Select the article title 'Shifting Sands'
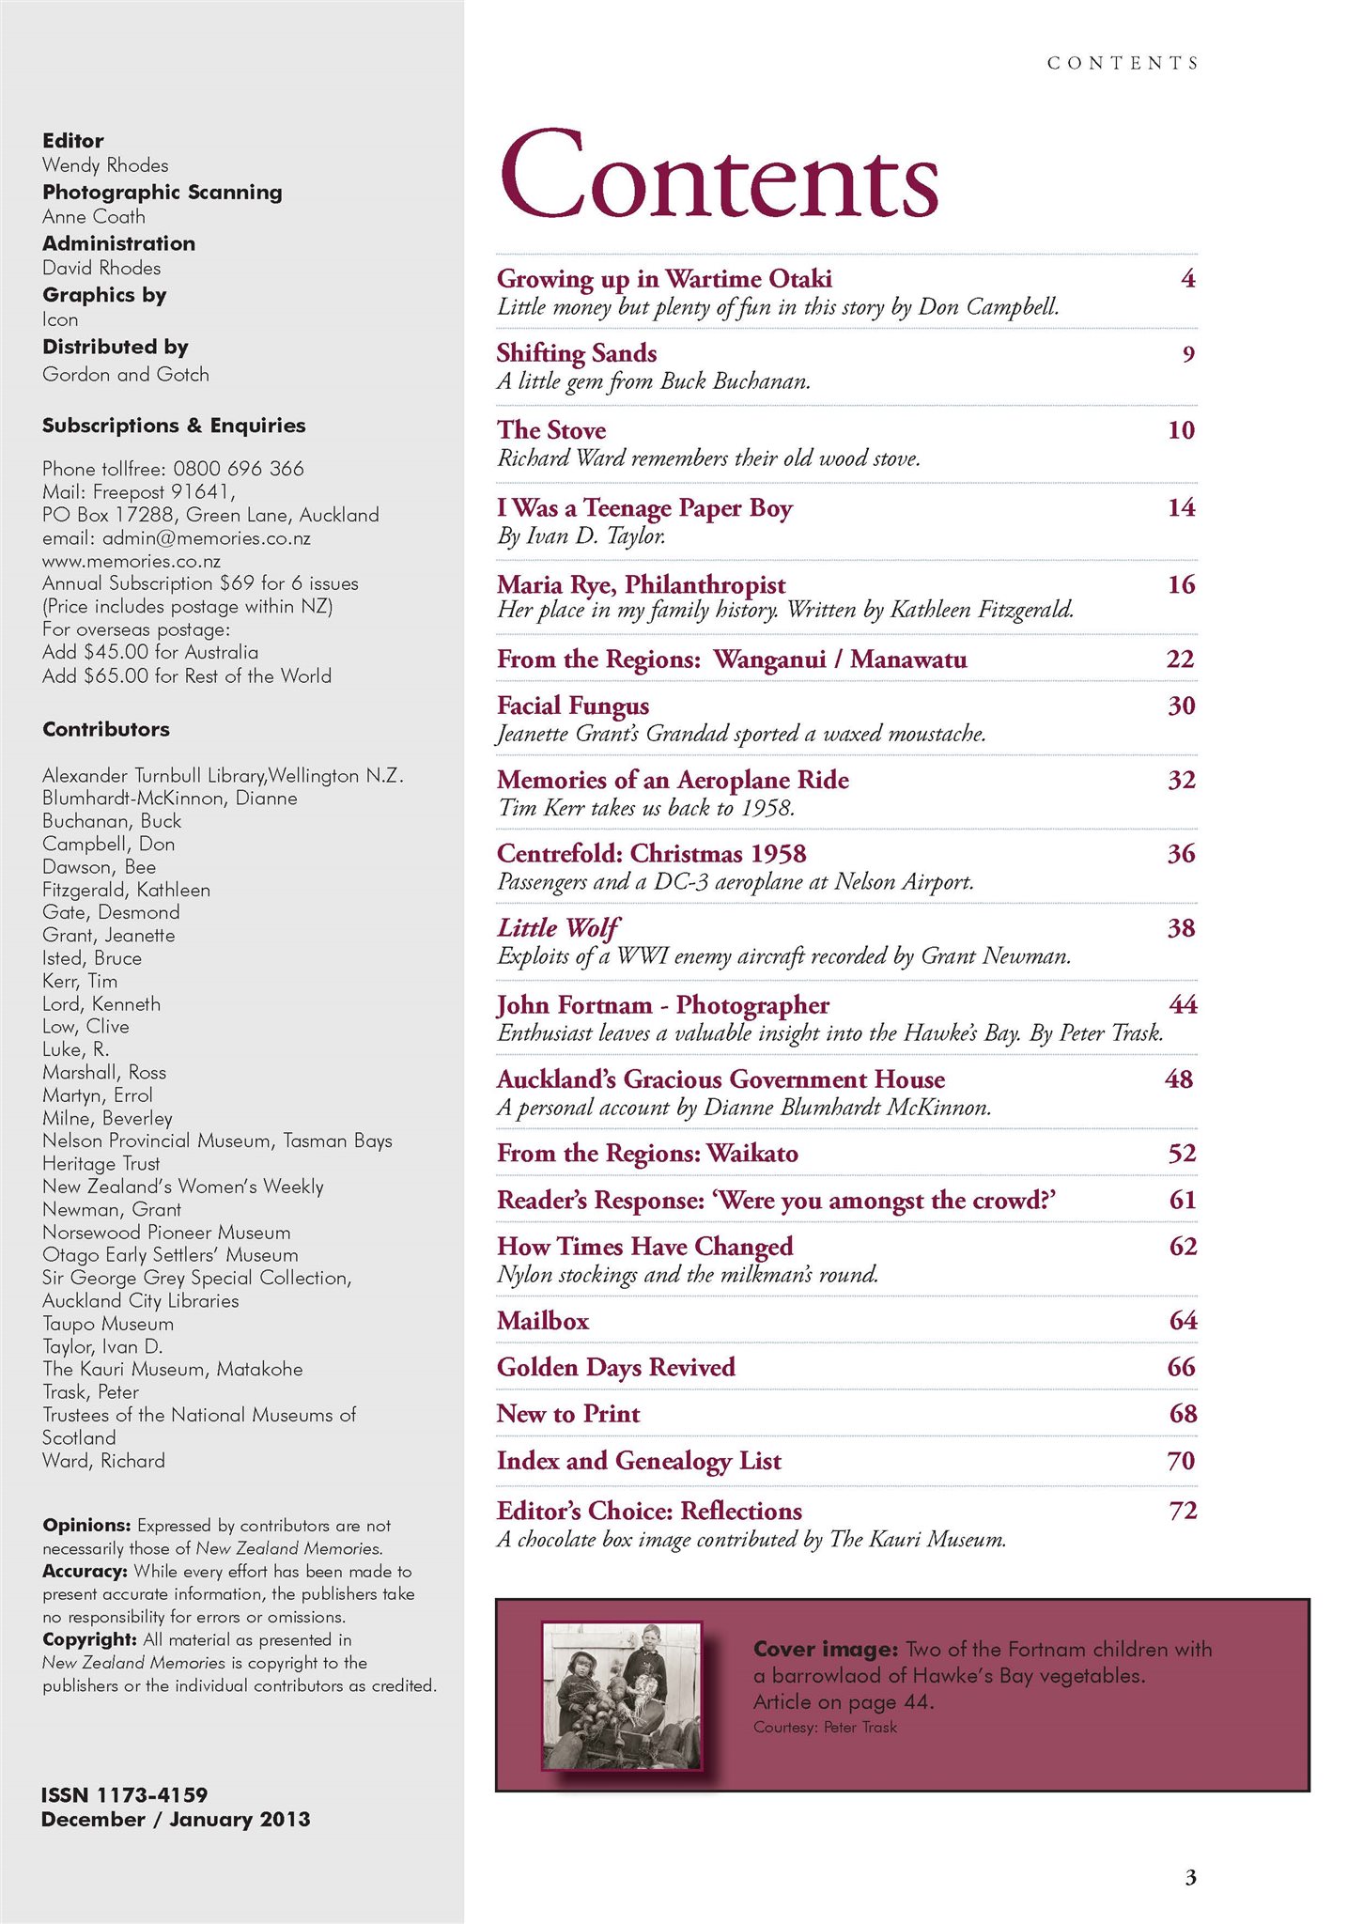(577, 353)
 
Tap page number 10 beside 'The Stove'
(1181, 430)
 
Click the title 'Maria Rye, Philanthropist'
(641, 584)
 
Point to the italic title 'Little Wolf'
(558, 928)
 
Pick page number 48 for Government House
(1179, 1078)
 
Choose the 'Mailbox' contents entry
(543, 1321)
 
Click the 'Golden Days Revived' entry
(615, 1367)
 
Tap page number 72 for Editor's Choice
(1183, 1510)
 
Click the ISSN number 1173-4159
(152, 1794)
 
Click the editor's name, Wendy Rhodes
(105, 165)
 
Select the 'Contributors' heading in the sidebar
(106, 729)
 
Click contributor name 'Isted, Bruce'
(92, 958)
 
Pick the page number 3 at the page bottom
(1190, 1877)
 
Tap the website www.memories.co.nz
(132, 561)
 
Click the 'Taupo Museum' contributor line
(108, 1324)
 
